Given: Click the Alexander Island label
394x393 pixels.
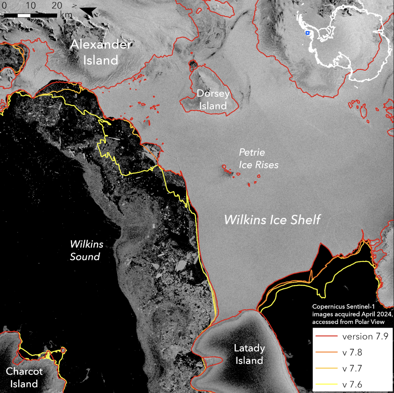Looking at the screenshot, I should [101, 52].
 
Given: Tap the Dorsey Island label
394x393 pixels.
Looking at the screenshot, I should [213, 100].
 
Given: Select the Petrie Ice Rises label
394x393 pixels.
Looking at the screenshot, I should [258, 158].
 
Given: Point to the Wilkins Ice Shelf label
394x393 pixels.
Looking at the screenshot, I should [272, 220].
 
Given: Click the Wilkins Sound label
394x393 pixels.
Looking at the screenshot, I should [86, 250].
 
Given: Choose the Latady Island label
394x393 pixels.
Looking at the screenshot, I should [249, 354].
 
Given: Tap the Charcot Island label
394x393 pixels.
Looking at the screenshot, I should [24, 377].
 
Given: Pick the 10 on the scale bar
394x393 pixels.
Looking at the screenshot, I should [31, 5].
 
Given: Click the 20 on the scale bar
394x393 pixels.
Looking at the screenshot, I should [57, 5].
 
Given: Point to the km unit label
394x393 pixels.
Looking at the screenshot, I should [66, 15].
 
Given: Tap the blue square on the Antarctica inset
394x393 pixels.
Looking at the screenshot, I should [307, 33].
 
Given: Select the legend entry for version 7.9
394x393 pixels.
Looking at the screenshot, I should [365, 336].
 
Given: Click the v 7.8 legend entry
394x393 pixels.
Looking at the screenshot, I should [352, 352].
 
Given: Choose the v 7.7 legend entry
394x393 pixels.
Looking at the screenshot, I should [352, 368].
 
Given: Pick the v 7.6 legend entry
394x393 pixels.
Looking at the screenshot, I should [352, 385].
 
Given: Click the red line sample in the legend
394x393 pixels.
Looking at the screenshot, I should [327, 336].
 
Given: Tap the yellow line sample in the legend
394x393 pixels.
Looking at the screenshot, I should [327, 384].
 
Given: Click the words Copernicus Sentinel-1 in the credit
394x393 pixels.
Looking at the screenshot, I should [343, 307].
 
